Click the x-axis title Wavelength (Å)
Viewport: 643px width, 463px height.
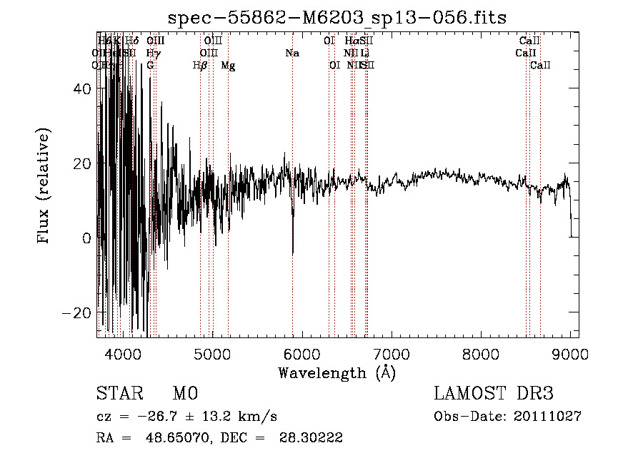[337, 372]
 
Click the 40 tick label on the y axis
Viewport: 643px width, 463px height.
[84, 88]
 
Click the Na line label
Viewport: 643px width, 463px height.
[291, 54]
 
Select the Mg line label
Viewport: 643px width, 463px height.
[228, 66]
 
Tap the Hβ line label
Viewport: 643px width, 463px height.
[200, 66]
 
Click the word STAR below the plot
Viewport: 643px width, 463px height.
[117, 395]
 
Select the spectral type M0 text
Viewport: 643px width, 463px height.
[184, 395]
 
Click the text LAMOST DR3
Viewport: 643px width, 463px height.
[494, 395]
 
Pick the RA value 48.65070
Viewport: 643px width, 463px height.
[178, 439]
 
